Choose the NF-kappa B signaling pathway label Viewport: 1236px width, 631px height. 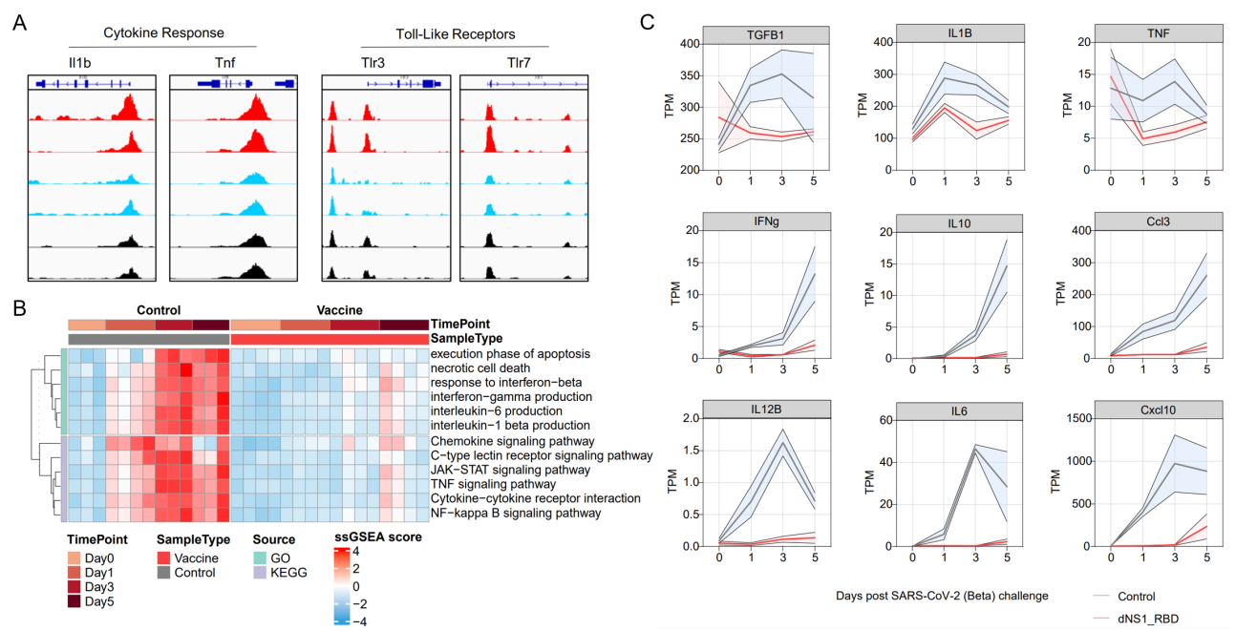click(x=516, y=513)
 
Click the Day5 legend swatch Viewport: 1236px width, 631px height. click(x=75, y=601)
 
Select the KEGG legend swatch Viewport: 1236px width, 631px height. click(x=261, y=573)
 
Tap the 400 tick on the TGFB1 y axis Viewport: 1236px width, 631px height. click(x=684, y=44)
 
